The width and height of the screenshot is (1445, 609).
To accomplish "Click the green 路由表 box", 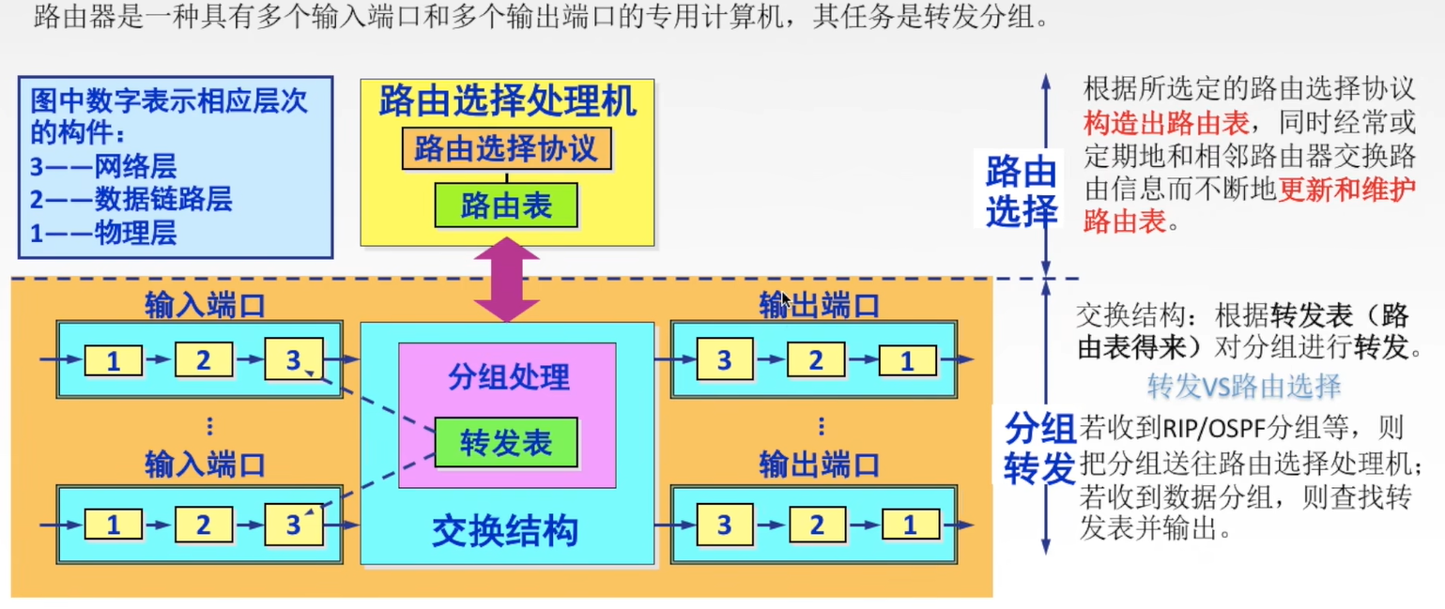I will (506, 206).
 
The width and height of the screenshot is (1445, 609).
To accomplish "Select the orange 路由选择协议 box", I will (506, 149).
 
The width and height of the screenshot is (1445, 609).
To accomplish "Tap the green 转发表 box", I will (506, 443).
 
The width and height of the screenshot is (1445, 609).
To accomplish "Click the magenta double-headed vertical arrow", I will (506, 280).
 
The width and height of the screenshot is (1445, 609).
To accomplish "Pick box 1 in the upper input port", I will (114, 360).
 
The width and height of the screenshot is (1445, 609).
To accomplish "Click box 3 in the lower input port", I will (293, 525).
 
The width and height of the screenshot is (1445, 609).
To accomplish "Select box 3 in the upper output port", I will (724, 360).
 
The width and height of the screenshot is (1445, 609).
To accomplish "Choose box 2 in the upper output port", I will (816, 360).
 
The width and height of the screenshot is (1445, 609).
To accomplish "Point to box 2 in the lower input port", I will (203, 525).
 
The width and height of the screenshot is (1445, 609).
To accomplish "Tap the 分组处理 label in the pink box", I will (508, 377).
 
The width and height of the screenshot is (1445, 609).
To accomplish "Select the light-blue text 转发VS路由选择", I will (1243, 386).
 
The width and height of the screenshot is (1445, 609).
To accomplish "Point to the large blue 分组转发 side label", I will (1039, 449).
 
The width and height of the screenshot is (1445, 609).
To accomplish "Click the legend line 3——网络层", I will (103, 167).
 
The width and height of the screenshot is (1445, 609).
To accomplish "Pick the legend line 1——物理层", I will (103, 232).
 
